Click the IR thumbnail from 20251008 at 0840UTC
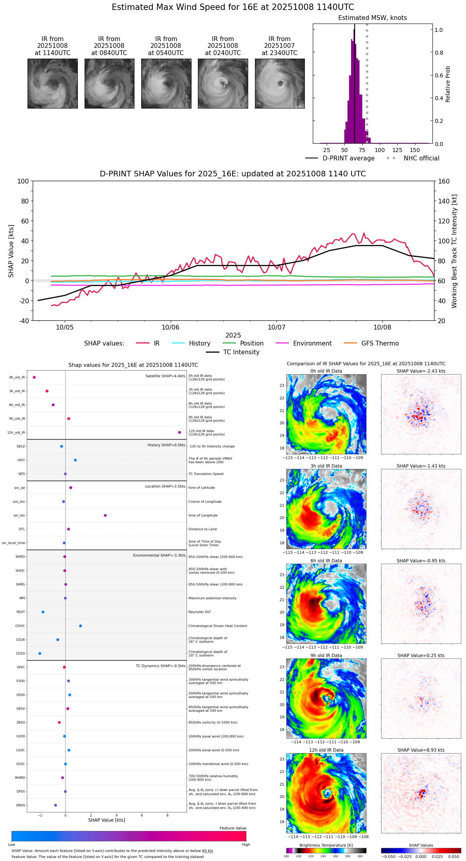[109, 83]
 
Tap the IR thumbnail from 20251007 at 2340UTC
[280, 83]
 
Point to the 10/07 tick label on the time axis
[276, 328]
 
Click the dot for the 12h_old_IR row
[180, 432]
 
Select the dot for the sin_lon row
[105, 515]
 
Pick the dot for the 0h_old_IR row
[34, 377]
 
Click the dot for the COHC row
[81, 626]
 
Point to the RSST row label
[21, 612]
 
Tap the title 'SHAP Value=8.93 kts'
[421, 750]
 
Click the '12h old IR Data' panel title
[326, 750]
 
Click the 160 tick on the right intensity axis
[444, 182]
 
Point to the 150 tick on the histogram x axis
[415, 150]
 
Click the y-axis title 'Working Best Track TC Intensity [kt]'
[454, 251]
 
